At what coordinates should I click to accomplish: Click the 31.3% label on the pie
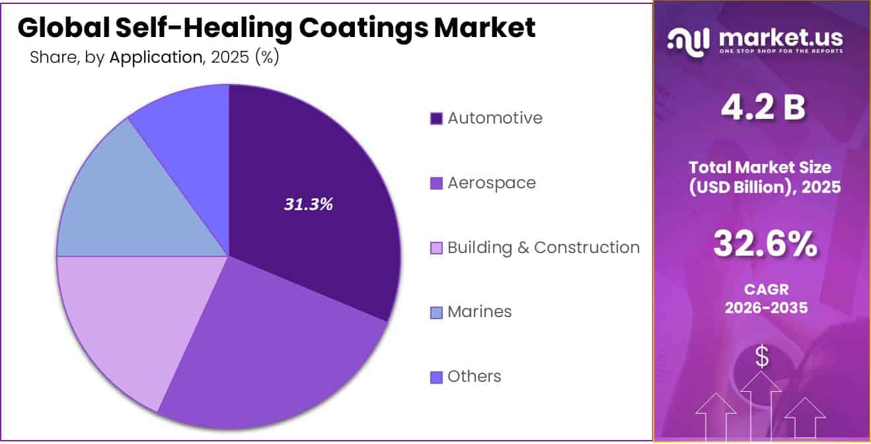[309, 205]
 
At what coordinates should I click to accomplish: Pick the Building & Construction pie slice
[126, 317]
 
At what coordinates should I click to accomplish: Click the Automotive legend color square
[436, 119]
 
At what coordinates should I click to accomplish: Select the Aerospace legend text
[492, 183]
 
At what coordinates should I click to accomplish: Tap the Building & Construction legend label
[543, 248]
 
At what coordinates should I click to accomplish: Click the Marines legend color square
[436, 313]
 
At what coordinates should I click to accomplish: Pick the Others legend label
[474, 377]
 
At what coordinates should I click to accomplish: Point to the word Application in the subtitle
[155, 57]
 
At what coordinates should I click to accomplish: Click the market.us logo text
[780, 38]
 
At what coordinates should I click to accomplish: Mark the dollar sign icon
[762, 357]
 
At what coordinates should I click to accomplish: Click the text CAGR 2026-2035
[765, 298]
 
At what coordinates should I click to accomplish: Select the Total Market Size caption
[765, 176]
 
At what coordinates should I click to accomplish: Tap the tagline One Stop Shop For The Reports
[780, 52]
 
